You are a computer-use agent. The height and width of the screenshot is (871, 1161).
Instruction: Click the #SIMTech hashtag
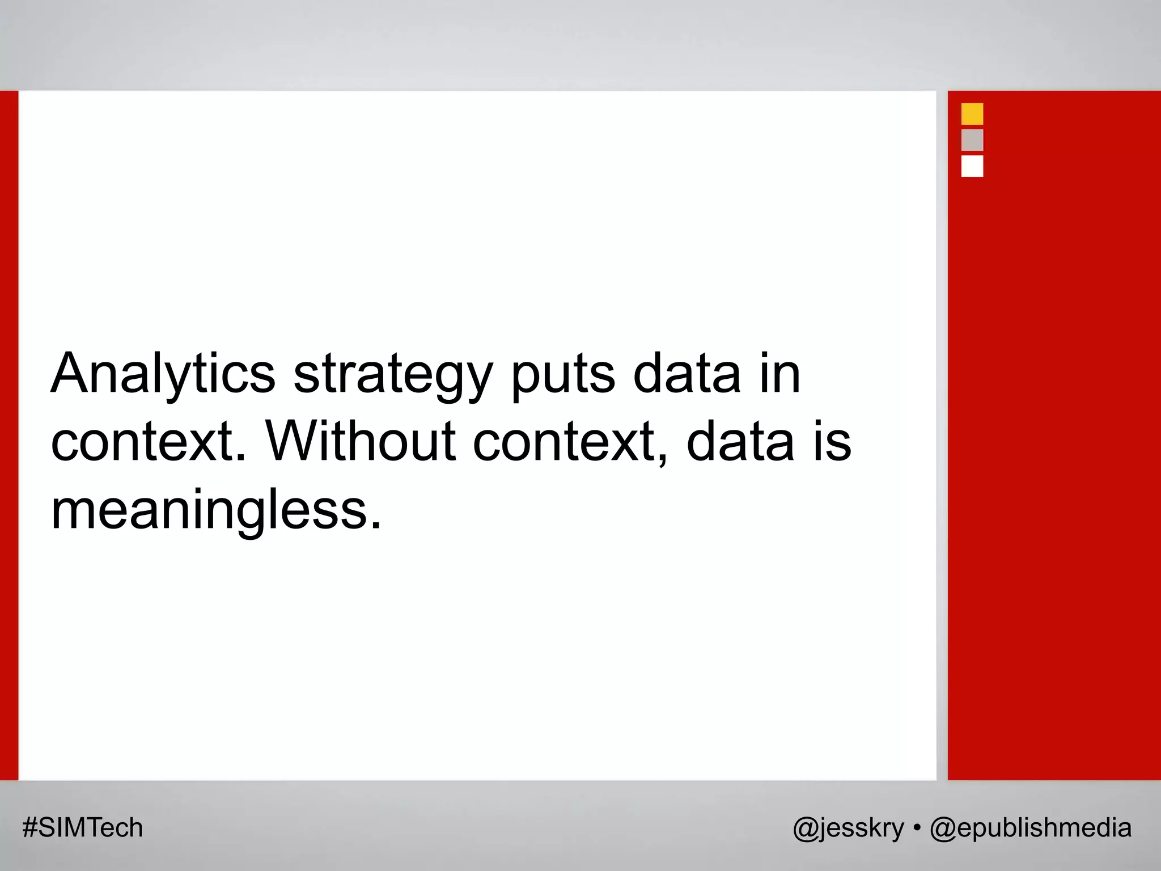tap(83, 827)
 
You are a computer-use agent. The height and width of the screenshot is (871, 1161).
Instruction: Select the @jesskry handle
tap(848, 828)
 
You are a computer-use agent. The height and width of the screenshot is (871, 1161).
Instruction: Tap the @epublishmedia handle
tap(1031, 828)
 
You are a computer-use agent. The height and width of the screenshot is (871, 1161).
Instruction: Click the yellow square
tap(972, 114)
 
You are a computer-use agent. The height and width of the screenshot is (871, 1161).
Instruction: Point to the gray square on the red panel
tap(972, 140)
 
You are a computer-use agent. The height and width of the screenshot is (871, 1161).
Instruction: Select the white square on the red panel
tap(972, 166)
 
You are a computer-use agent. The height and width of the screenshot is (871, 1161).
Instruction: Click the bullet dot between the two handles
tap(917, 828)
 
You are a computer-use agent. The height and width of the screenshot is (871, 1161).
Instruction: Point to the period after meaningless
tap(376, 525)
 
